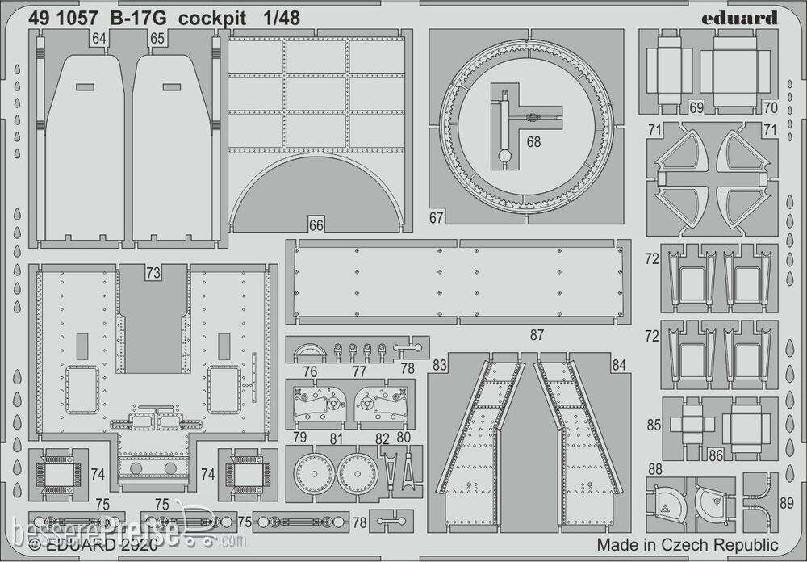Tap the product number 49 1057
coord(65,19)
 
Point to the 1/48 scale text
coord(282,19)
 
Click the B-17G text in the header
coord(132,19)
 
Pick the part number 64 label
coord(99,39)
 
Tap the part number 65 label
coord(157,39)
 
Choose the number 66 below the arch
coord(316,225)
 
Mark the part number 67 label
coord(437,217)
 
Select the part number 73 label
coord(153,273)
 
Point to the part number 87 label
coord(537,335)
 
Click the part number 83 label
coord(440,366)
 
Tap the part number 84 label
coord(618,366)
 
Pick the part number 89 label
coord(788,502)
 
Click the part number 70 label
coord(770,107)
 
